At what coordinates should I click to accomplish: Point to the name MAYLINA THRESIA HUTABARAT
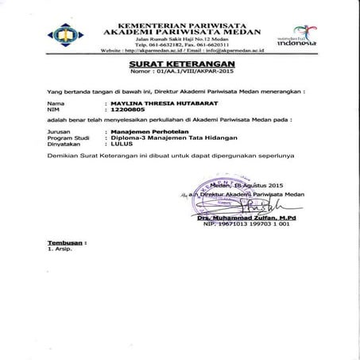170,103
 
